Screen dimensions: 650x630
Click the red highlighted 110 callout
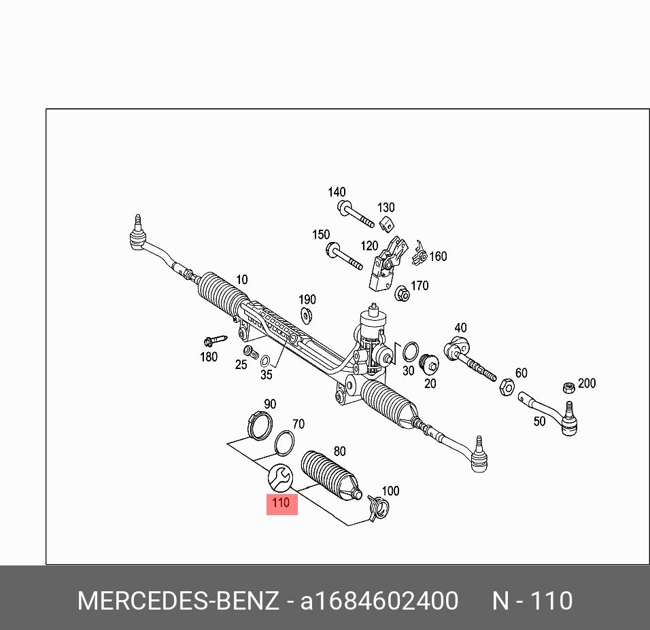(281, 504)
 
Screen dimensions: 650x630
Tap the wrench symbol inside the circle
(280, 478)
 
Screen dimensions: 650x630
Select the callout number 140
(337, 192)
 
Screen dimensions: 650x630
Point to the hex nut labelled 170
(402, 294)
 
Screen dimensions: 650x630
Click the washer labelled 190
(307, 315)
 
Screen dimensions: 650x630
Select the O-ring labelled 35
(266, 360)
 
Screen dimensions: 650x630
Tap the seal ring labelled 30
(410, 351)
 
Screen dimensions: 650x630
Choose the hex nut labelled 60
(506, 387)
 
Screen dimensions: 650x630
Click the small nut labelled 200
(569, 388)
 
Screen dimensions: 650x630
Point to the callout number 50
(539, 421)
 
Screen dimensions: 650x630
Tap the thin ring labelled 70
(284, 441)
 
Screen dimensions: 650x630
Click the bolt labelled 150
(343, 257)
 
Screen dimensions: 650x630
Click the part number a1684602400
(379, 601)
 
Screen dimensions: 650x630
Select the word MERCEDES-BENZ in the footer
(178, 601)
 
